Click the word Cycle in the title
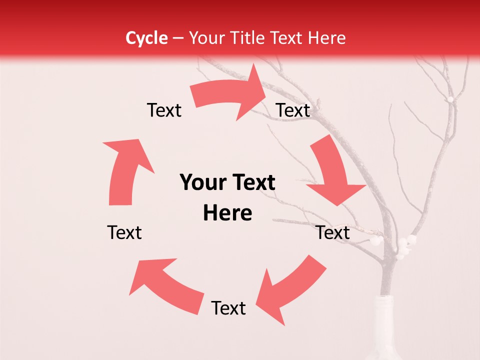point(146,38)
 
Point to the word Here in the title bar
point(327,38)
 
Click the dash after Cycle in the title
point(178,38)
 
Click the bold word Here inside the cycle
point(227,213)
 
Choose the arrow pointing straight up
point(125,170)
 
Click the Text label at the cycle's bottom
point(228,308)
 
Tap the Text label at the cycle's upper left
point(164,110)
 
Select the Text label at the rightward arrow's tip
point(293,110)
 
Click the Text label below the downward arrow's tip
point(333,232)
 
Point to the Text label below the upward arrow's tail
point(124,232)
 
